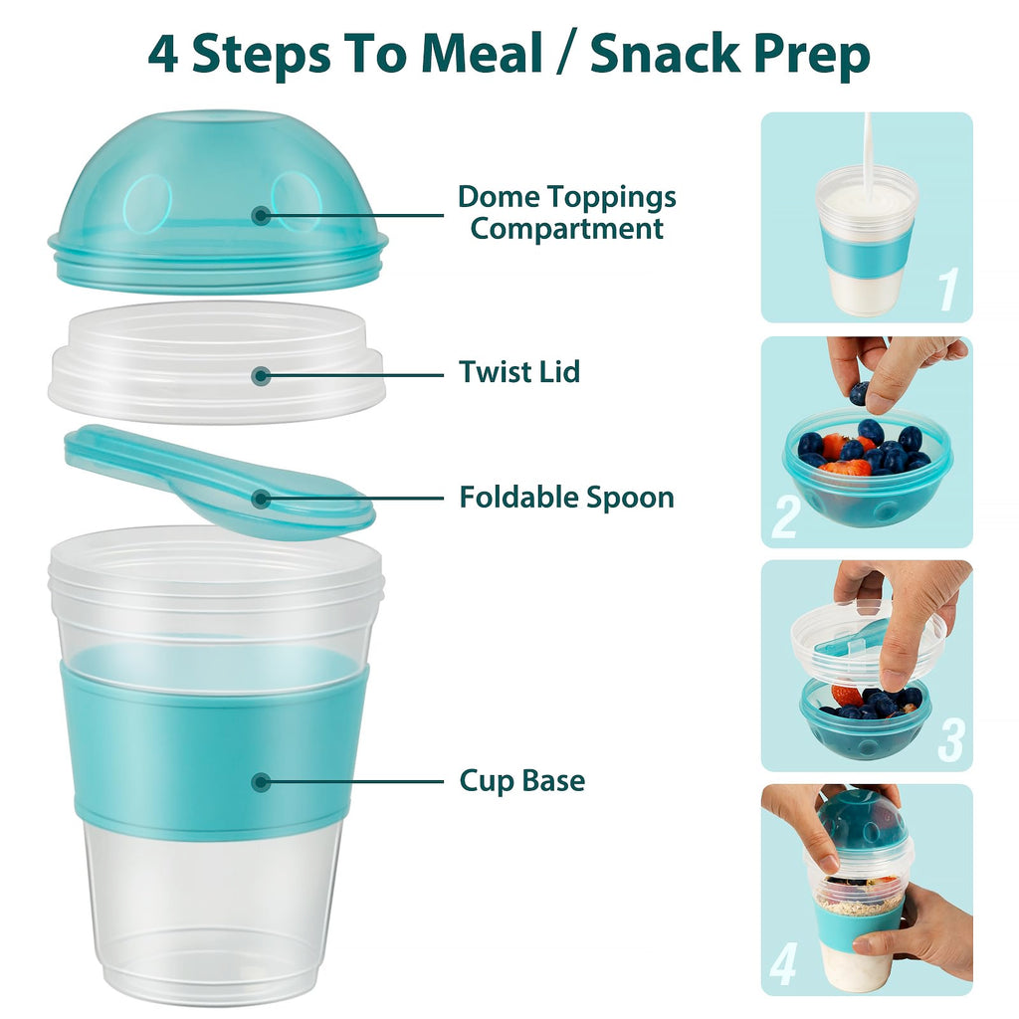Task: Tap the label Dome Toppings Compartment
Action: point(566,212)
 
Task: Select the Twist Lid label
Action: point(518,372)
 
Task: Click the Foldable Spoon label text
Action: point(566,497)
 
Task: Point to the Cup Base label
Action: point(521,781)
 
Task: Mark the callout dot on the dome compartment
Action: point(261,214)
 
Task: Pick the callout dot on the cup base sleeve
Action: point(261,782)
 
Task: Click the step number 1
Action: point(947,289)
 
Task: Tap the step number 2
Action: point(786,517)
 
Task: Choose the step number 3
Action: point(950,738)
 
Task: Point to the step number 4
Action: point(784,963)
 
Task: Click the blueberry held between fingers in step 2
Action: point(858,393)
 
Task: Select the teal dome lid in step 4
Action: point(862,818)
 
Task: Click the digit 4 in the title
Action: point(163,54)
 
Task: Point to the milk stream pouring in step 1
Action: point(867,149)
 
